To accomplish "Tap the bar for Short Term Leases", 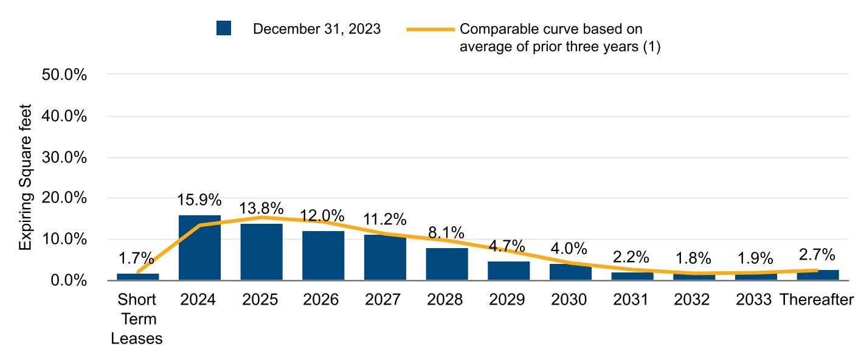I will (137, 277).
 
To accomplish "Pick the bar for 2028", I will (447, 264).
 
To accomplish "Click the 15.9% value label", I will (199, 200).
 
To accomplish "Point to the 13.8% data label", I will (261, 209).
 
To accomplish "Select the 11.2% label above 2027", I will (385, 220).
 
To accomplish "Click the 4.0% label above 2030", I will (570, 249).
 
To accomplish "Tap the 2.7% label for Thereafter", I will (818, 255).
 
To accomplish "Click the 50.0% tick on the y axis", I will (64, 75).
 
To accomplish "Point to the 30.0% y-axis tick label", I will (64, 157).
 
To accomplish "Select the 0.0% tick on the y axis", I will (67, 281).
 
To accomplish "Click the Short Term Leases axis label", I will (137, 319).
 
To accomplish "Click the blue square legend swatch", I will (224, 29).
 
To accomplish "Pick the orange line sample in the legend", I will (431, 29).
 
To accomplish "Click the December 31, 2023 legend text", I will (317, 29).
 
